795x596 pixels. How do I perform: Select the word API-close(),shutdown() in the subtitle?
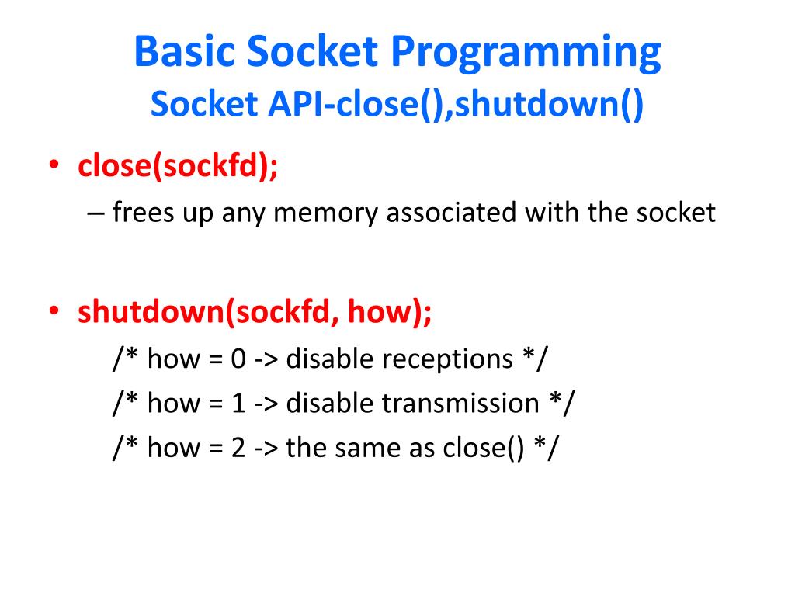457,105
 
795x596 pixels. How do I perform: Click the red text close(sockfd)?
178,166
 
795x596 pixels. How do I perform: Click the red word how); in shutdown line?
390,312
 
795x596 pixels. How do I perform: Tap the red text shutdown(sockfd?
208,312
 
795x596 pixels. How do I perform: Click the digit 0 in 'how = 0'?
238,359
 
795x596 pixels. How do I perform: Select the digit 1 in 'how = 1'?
238,404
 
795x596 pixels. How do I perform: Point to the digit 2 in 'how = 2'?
238,448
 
